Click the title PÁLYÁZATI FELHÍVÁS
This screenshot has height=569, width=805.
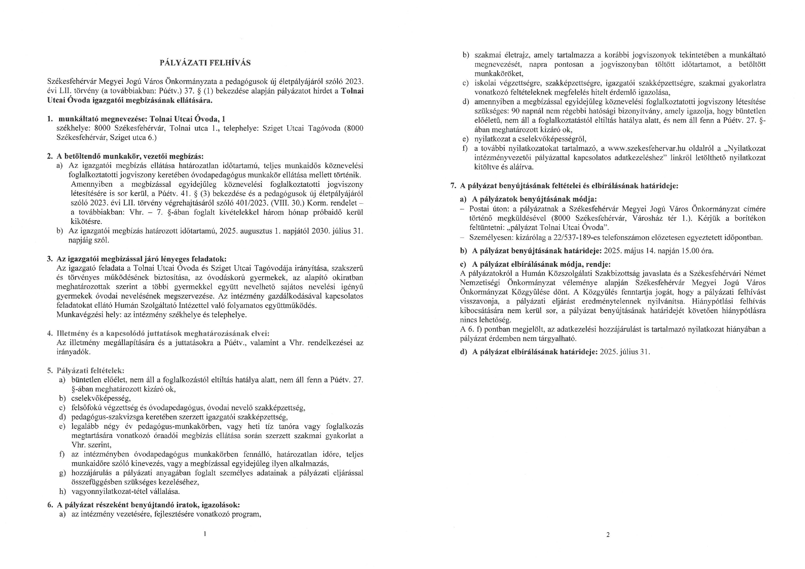pyautogui.click(x=205, y=63)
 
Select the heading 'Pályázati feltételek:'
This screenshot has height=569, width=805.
pyautogui.click(x=91, y=371)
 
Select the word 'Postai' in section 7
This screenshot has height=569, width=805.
pyautogui.click(x=480, y=209)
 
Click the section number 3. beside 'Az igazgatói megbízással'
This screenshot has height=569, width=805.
pyautogui.click(x=50, y=259)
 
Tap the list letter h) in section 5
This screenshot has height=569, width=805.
pyautogui.click(x=62, y=491)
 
